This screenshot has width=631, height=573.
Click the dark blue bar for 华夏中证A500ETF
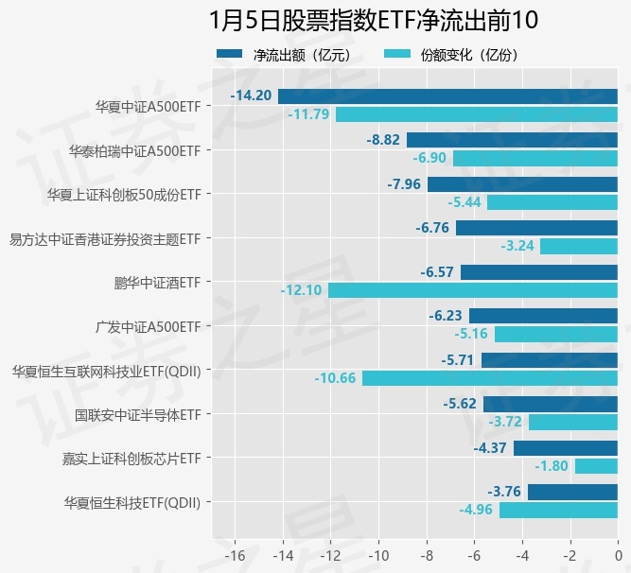447,95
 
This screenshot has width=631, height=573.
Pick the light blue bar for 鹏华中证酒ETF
473,290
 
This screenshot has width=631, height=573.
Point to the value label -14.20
252,95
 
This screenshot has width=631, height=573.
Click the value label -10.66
336,378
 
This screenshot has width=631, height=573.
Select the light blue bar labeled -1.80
596,466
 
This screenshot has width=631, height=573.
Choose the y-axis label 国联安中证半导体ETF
137,413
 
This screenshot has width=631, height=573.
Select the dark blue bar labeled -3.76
572,492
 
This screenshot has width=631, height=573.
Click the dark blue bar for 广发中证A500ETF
543,316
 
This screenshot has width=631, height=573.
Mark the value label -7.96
404,183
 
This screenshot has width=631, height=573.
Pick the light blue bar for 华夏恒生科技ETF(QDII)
558,511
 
